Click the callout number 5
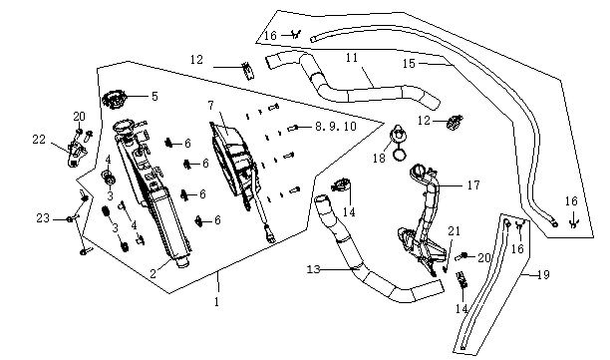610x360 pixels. click(x=154, y=97)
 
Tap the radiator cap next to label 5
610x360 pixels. click(x=114, y=100)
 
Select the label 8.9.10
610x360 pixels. click(x=335, y=126)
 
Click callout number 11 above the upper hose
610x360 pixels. click(x=352, y=58)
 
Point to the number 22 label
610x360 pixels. click(x=39, y=140)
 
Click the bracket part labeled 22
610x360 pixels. click(x=76, y=153)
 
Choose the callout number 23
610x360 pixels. click(x=43, y=218)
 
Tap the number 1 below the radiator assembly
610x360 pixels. click(x=216, y=301)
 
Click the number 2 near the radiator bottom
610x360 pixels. click(x=152, y=273)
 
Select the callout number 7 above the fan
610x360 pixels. click(x=211, y=105)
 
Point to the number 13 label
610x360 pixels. click(x=313, y=269)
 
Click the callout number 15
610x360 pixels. click(x=409, y=64)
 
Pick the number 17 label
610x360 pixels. click(x=473, y=184)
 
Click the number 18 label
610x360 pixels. click(x=379, y=158)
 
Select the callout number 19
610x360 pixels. click(x=543, y=275)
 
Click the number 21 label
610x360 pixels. click(x=454, y=231)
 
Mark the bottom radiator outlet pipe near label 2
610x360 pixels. click(x=182, y=262)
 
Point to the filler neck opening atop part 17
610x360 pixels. click(x=420, y=171)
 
